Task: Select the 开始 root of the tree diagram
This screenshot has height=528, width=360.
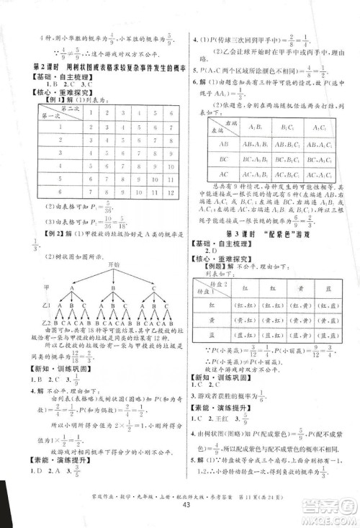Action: point(94,263)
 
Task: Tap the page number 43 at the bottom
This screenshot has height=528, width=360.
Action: point(180,511)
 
